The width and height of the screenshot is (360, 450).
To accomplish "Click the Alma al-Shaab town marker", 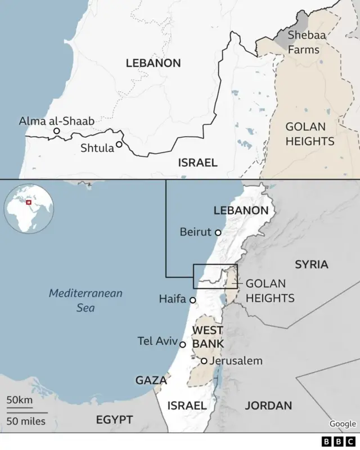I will (x=56, y=131).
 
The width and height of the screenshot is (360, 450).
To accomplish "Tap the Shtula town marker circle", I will (x=119, y=145).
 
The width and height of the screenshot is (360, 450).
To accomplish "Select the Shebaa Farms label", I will (x=303, y=42).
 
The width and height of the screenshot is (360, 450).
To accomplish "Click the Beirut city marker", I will (x=218, y=232).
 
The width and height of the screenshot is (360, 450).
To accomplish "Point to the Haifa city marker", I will (x=192, y=300).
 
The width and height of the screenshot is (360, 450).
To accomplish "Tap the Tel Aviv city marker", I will (x=182, y=344).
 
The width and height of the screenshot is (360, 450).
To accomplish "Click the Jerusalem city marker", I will (x=204, y=361).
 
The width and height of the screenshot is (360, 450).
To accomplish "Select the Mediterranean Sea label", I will (x=85, y=300).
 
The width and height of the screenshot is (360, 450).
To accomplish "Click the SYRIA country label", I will (x=311, y=264).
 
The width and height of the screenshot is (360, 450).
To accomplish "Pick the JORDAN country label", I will (x=268, y=405).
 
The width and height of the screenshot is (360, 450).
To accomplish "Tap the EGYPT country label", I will (x=114, y=420).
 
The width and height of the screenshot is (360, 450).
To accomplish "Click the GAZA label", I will (x=151, y=380).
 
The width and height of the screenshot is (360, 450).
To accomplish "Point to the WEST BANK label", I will (x=208, y=336).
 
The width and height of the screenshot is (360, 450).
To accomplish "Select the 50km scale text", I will (x=20, y=400).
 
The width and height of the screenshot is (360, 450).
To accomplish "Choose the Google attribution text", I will (x=343, y=424).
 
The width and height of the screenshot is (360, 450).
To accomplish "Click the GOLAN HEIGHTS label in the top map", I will (x=310, y=134).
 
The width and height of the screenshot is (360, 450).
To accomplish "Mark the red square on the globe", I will (x=29, y=201).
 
